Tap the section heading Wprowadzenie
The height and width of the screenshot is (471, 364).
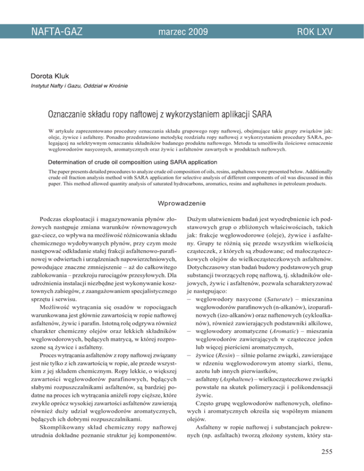182,205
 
